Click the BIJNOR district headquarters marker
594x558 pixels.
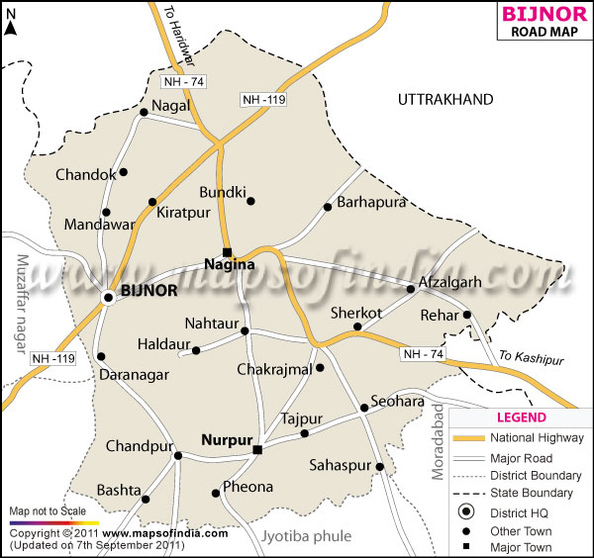pos(108,296)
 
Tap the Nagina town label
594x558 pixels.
pos(229,264)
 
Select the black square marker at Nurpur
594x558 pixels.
pos(256,450)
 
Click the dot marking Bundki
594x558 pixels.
pos(250,201)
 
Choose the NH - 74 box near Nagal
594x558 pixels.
pos(185,81)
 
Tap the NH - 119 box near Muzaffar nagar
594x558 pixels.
pos(51,358)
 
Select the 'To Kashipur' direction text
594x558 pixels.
pos(532,358)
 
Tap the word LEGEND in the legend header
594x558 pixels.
pos(520,418)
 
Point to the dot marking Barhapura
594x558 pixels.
pos(327,207)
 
